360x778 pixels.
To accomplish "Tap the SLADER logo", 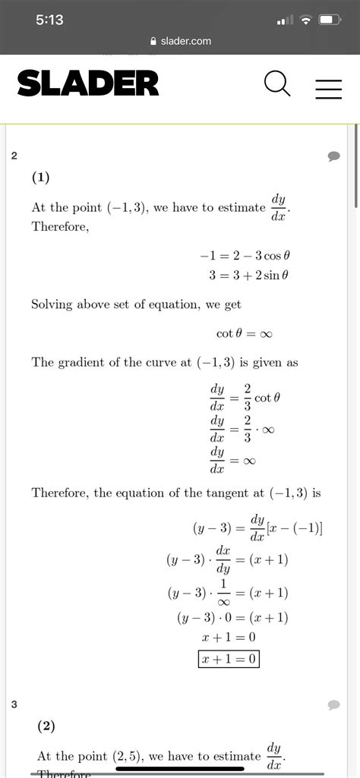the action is [x=88, y=83].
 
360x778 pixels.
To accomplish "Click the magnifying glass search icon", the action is [x=278, y=84].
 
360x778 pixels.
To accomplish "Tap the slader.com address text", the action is [x=185, y=41].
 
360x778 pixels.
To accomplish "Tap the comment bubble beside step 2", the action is [x=333, y=156].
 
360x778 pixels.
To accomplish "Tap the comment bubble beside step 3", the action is [x=333, y=705].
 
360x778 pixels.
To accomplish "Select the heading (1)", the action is [x=40, y=178].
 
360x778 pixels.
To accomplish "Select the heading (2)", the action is [x=46, y=726].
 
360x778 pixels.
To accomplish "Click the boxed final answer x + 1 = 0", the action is [x=229, y=660].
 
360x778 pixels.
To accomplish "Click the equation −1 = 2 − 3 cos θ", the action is [x=244, y=257].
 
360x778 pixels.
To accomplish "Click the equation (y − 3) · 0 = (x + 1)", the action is [x=232, y=617].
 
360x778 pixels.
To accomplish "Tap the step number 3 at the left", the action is [x=14, y=705].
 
